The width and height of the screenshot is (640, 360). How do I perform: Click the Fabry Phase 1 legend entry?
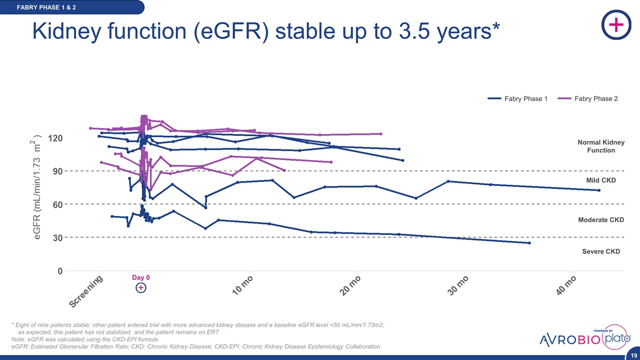[517, 99]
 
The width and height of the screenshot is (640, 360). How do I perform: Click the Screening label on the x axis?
[86, 292]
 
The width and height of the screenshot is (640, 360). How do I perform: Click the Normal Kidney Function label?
[601, 146]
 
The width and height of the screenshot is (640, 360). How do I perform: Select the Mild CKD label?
[601, 180]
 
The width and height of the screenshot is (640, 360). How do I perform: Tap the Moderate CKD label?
[601, 220]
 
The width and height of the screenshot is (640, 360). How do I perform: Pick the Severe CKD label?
[601, 251]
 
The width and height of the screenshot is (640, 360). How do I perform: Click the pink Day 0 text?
[140, 277]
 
